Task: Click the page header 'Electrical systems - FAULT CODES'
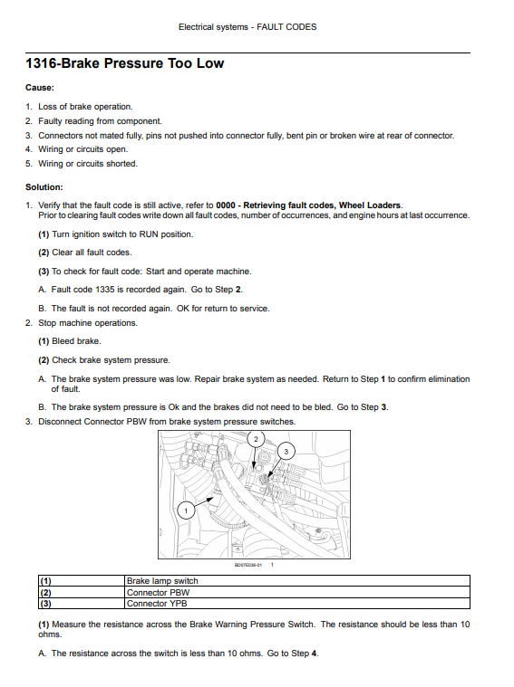(x=247, y=27)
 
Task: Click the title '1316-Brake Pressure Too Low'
(x=125, y=63)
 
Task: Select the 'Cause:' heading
(x=40, y=88)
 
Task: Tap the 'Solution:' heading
(x=44, y=187)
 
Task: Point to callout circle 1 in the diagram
(x=186, y=510)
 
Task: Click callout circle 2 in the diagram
(x=257, y=439)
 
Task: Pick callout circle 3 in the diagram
(x=286, y=452)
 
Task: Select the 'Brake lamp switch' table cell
(x=162, y=581)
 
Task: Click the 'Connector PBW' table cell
(x=158, y=592)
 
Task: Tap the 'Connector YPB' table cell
(x=157, y=604)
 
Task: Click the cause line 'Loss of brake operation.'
(x=85, y=107)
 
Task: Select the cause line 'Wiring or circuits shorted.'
(x=88, y=164)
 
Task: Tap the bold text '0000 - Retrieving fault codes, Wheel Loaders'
(x=308, y=205)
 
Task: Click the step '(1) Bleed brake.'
(x=70, y=341)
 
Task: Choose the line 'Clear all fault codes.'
(x=92, y=253)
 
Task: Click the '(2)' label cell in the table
(x=45, y=592)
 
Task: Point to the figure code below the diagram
(x=248, y=565)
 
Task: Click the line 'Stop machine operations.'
(x=88, y=323)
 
